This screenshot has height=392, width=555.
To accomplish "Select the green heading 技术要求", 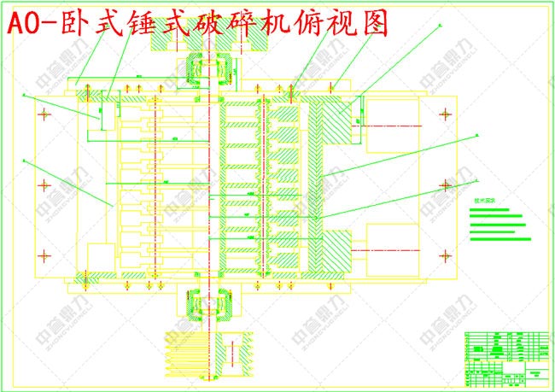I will pyautogui.click(x=485, y=202).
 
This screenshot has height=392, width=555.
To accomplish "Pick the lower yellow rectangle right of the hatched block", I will pyautogui.click(x=392, y=248).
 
